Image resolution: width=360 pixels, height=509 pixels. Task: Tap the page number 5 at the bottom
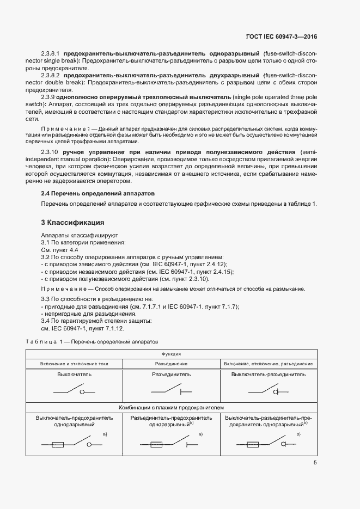pos(315,463)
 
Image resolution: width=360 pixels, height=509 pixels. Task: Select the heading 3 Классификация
pos(74,223)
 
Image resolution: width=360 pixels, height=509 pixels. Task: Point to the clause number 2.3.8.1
pos(51,54)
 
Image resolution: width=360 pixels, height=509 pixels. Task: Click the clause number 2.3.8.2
pos(51,74)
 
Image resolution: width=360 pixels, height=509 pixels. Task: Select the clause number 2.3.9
pos(50,96)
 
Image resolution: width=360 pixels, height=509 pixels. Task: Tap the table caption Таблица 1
pos(42,341)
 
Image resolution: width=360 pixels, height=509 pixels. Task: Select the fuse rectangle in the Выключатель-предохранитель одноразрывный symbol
pos(59,445)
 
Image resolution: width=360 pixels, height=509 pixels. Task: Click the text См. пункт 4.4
pos(60,249)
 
